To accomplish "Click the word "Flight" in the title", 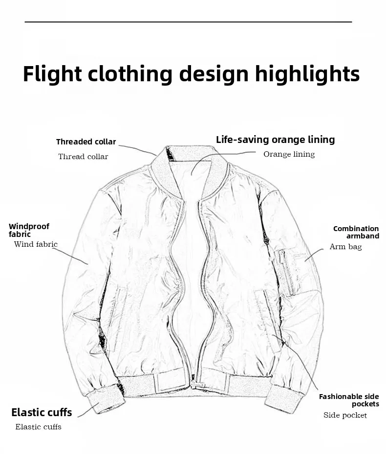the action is coord(52,74).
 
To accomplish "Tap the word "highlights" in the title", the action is coord(307,74).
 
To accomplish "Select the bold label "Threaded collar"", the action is coord(86,142).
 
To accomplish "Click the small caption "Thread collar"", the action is coord(83,157).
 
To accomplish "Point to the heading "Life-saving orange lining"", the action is coord(275,140).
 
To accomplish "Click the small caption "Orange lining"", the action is coord(289,154).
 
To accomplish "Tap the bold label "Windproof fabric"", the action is coord(29,230).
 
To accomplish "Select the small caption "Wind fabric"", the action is coord(36,244).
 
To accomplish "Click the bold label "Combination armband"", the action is coord(356,232).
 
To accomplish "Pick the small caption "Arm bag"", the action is coord(345,247).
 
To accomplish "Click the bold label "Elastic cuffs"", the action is coord(42,412).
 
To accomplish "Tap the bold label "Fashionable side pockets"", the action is coord(349,400).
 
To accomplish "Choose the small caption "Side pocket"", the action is coord(345,415).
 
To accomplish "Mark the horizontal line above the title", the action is coord(188,22).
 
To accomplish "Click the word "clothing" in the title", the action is coord(130,74).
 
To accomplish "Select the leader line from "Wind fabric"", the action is coord(71,255).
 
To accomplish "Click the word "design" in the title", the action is coord(214,74).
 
